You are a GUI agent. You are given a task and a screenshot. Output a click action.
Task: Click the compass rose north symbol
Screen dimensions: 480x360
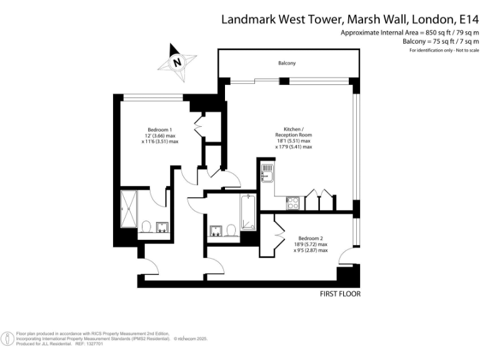(x=178, y=61)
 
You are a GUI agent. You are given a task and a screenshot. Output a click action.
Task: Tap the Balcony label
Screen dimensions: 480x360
(x=287, y=63)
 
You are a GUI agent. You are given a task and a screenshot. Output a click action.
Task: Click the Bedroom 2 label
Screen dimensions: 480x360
(x=311, y=239)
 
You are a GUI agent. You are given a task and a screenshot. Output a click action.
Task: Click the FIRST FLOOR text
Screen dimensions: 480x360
(x=340, y=293)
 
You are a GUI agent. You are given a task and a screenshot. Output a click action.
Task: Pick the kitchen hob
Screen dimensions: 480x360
(x=292, y=202)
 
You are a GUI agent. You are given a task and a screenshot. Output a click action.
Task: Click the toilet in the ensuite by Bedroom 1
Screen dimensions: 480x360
(x=146, y=226)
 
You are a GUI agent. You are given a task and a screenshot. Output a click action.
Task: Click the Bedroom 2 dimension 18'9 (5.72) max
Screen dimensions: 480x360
(x=311, y=244)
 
